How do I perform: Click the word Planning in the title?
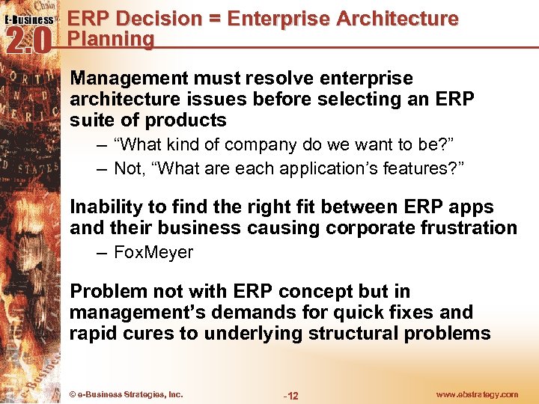click(x=111, y=39)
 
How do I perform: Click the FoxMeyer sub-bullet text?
click(x=153, y=253)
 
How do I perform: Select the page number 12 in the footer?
click(x=292, y=395)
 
